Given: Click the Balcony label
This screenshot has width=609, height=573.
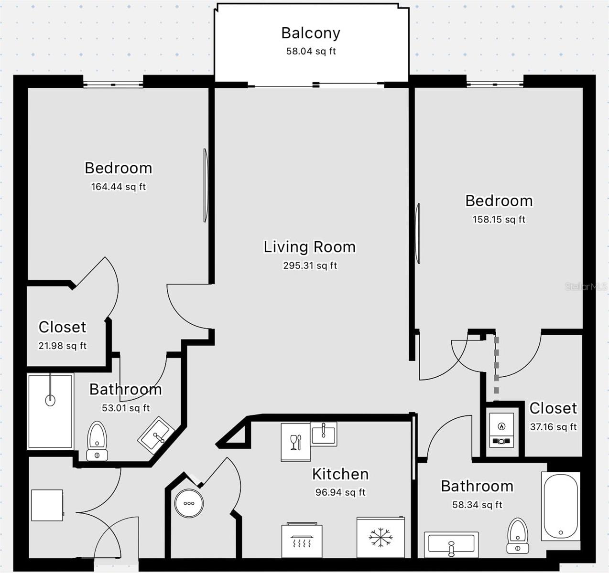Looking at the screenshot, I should (x=310, y=33).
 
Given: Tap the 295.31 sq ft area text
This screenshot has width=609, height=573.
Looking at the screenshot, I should (x=310, y=265).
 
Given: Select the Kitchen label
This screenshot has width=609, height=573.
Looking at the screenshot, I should (x=340, y=474).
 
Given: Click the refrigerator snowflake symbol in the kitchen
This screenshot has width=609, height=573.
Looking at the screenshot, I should (x=381, y=537).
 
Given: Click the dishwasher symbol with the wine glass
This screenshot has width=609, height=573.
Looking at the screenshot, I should (x=295, y=442).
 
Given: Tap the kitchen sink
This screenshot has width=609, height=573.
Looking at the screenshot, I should (x=324, y=434).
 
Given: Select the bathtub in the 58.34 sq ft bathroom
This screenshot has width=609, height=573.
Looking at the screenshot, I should (x=560, y=506).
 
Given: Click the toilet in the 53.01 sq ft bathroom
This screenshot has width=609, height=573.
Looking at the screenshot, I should (x=97, y=441).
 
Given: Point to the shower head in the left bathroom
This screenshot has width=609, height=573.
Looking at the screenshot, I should (x=50, y=400).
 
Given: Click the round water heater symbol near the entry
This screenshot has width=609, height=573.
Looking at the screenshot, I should (x=189, y=503).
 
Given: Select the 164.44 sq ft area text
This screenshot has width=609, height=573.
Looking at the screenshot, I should (x=118, y=187).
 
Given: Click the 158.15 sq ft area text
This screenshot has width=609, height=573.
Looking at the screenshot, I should (x=499, y=219).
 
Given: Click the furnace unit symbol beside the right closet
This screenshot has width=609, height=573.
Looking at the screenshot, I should (x=501, y=430).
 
